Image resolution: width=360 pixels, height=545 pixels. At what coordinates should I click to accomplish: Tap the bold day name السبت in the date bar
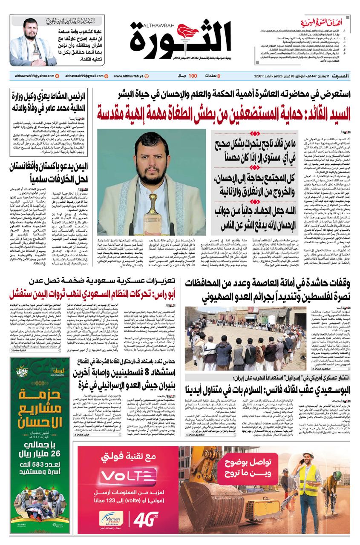tap(341, 76)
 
